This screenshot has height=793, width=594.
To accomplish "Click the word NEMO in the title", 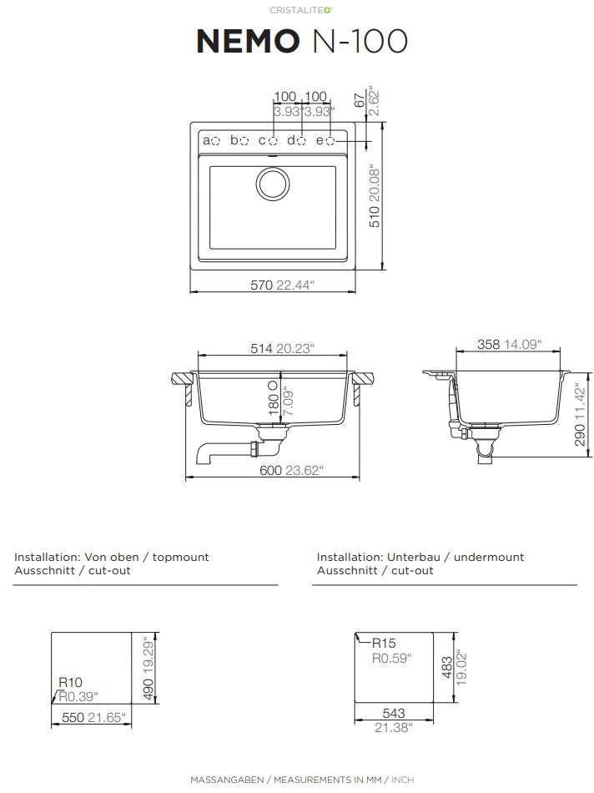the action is (248, 41).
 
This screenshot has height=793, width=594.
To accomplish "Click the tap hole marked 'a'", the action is (215, 140).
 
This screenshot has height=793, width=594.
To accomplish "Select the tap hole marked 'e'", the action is (330, 140).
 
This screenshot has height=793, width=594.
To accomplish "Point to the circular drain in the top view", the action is (273, 183).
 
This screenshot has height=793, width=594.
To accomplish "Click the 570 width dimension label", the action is (261, 285).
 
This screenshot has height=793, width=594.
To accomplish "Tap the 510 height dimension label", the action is (375, 217).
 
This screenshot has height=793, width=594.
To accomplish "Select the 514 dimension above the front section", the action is (261, 348).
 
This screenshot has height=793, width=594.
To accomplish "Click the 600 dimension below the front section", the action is (270, 470).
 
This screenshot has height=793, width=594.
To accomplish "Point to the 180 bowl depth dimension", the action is (274, 405).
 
